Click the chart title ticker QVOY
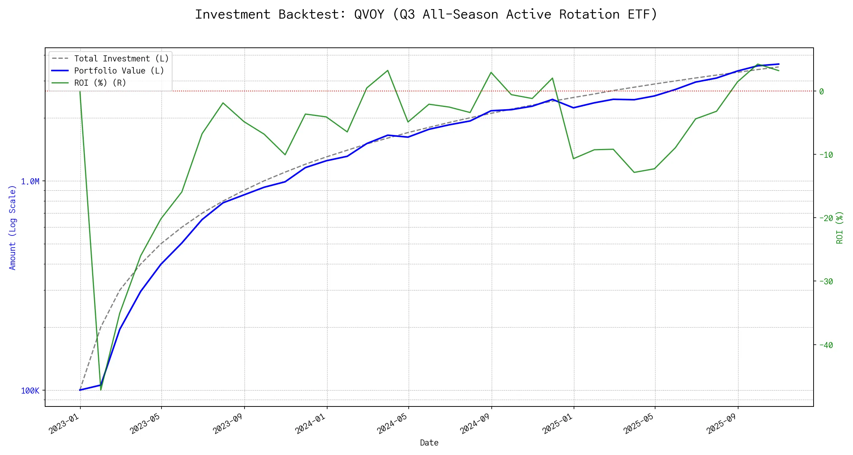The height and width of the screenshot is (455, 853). point(369,14)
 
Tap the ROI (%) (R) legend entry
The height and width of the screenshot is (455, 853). point(100,83)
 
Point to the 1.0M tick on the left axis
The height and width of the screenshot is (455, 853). point(30,182)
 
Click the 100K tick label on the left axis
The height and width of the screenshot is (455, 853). point(30,391)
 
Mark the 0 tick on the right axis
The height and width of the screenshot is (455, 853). point(822,91)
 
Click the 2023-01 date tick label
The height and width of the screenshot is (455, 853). point(64,424)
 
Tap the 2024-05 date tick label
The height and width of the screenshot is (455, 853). point(392,424)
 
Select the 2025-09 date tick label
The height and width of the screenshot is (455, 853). point(722,424)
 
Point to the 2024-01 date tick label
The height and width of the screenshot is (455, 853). point(311,424)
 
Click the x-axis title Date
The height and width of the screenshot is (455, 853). point(429,443)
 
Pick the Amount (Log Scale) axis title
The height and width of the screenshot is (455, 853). point(13,227)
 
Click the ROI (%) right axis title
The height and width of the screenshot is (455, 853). point(840,227)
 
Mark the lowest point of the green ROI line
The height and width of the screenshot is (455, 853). point(101,390)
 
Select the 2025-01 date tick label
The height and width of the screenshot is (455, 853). point(558,424)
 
